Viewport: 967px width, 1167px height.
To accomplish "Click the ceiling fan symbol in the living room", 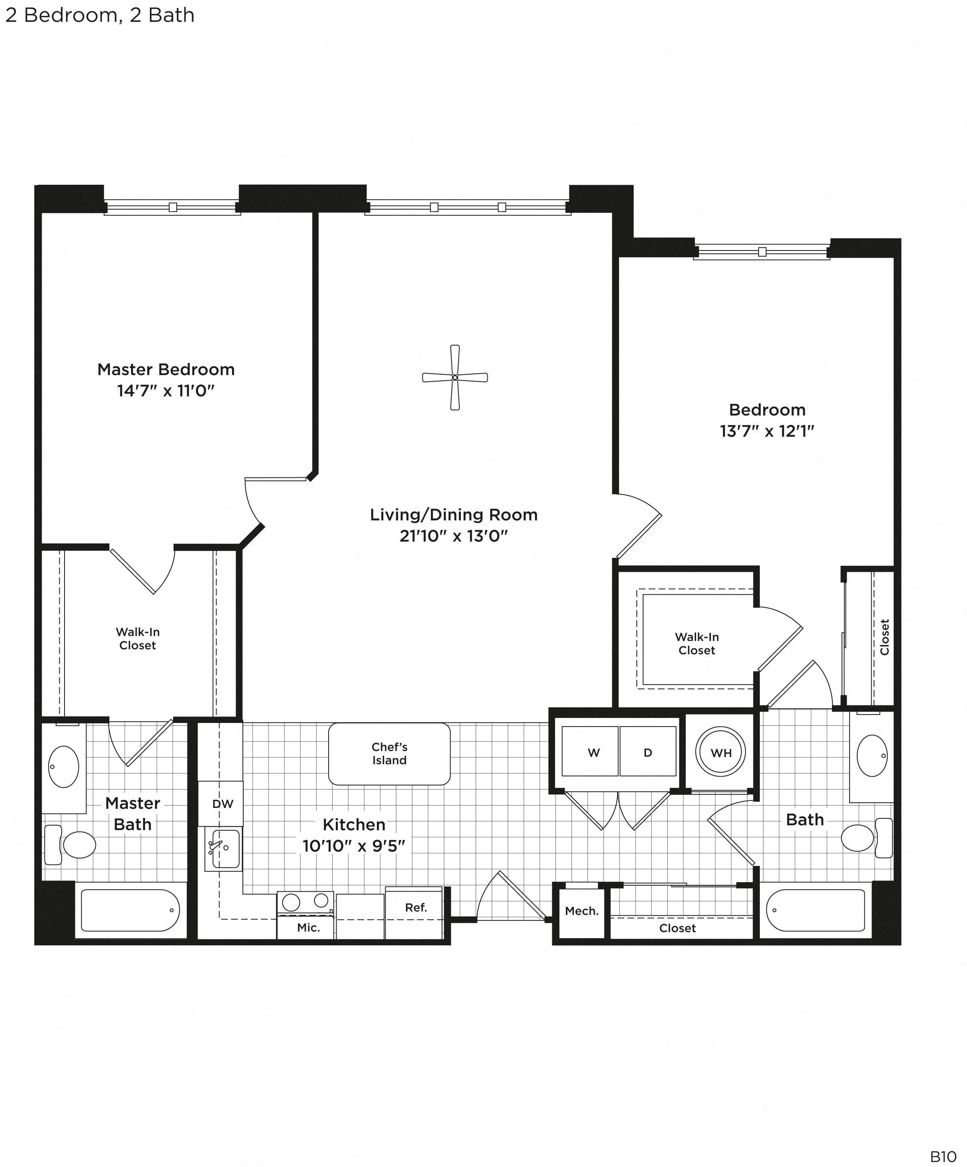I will click(x=454, y=378).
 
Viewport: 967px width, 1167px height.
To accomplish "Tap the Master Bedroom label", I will click(x=166, y=369).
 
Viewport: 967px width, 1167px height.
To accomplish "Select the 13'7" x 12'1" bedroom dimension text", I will click(x=767, y=431).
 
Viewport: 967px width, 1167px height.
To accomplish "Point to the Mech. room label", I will click(x=581, y=911).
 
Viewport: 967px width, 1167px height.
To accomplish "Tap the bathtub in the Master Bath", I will click(x=130, y=910).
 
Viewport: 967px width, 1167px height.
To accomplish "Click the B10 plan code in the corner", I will click(x=943, y=1154).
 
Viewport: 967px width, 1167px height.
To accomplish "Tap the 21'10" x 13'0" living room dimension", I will click(x=454, y=536).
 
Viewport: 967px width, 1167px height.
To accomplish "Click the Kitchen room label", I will click(x=354, y=825).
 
